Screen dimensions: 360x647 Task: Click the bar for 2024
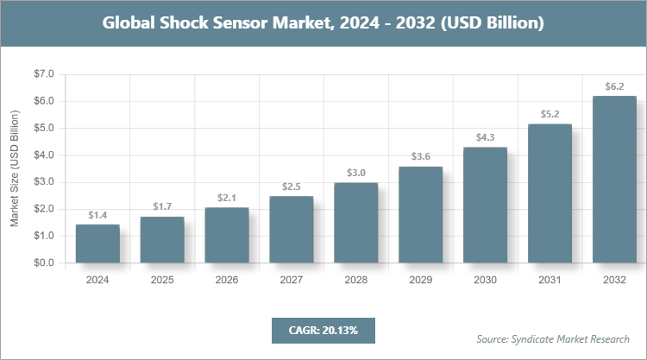pyautogui.click(x=97, y=243)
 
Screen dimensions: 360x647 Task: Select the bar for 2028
pyautogui.click(x=355, y=223)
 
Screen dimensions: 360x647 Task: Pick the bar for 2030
pyautogui.click(x=485, y=205)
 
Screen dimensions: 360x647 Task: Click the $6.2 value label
pyautogui.click(x=614, y=86)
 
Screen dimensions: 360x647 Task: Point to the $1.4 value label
pyautogui.click(x=97, y=215)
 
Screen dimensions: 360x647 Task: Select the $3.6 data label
pyautogui.click(x=420, y=156)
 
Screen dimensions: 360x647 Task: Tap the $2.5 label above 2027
pyautogui.click(x=291, y=186)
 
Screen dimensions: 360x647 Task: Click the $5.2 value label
pyautogui.click(x=550, y=114)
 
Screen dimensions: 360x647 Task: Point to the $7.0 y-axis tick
pyautogui.click(x=43, y=74)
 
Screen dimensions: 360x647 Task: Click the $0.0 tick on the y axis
pyautogui.click(x=43, y=262)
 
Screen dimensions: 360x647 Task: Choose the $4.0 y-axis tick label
pyautogui.click(x=43, y=155)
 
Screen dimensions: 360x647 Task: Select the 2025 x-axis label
pyautogui.click(x=162, y=280)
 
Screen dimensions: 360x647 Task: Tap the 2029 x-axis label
pyautogui.click(x=420, y=280)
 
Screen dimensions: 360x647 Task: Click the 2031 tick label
pyautogui.click(x=550, y=280)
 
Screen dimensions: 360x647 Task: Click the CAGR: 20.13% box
pyautogui.click(x=323, y=330)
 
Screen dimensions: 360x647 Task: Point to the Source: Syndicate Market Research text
pyautogui.click(x=553, y=338)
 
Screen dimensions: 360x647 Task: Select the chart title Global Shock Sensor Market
pyautogui.click(x=323, y=23)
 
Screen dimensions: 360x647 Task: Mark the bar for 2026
pyautogui.click(x=226, y=235)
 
